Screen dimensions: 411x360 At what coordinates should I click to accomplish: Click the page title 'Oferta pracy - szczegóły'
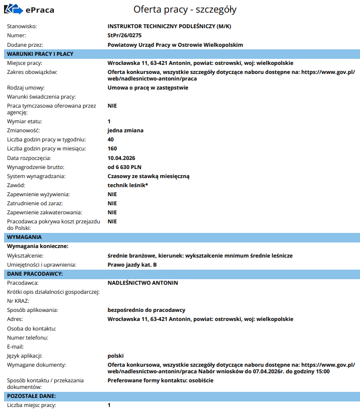click(185, 10)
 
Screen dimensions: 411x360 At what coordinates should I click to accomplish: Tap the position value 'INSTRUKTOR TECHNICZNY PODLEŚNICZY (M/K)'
click(169, 26)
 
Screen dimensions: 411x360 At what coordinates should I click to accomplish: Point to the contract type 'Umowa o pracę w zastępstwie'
click(148, 88)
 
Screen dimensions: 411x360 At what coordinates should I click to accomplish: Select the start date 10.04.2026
click(122, 158)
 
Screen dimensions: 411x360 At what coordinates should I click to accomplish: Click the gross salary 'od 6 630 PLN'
click(124, 167)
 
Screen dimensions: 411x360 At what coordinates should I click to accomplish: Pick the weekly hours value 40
click(111, 139)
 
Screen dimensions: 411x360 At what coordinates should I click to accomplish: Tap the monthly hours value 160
click(112, 148)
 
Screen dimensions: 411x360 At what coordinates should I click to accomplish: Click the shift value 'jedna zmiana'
click(125, 130)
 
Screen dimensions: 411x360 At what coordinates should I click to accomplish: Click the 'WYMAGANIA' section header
click(24, 236)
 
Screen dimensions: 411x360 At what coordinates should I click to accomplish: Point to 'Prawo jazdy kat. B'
click(132, 264)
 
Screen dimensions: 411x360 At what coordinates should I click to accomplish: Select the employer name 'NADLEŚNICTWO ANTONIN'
click(142, 283)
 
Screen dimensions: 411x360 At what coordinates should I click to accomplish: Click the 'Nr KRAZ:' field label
click(19, 301)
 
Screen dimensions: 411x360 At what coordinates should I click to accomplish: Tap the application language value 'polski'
click(116, 356)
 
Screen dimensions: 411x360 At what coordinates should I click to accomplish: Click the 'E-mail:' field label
click(16, 347)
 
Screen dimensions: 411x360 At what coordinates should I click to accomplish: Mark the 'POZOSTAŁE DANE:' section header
click(31, 396)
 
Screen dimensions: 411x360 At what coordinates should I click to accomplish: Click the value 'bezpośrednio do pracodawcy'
click(147, 310)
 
